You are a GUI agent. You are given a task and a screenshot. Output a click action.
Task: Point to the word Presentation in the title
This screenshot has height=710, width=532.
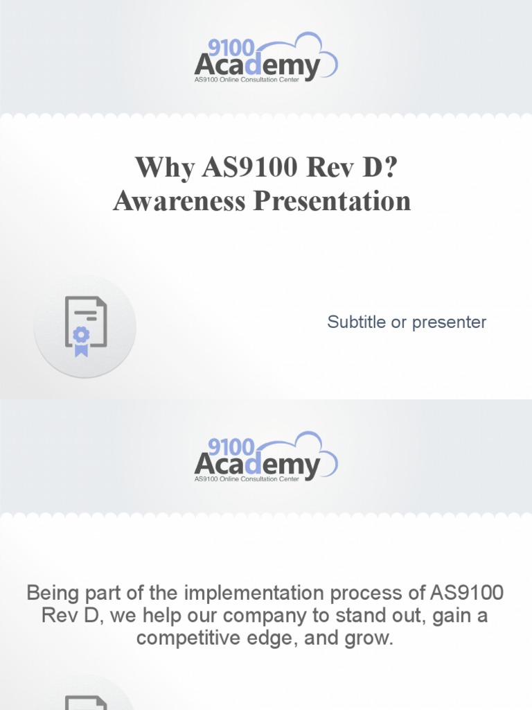pyautogui.click(x=332, y=201)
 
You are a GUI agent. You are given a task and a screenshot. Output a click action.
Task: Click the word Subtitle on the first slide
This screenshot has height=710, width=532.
pyautogui.click(x=357, y=322)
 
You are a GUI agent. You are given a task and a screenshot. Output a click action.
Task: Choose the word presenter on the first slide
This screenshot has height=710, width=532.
pyautogui.click(x=449, y=322)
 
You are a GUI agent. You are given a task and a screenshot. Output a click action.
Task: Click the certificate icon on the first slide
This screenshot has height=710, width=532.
pyautogui.click(x=85, y=327)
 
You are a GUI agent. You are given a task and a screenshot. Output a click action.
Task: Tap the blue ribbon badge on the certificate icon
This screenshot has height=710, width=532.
pyautogui.click(x=82, y=339)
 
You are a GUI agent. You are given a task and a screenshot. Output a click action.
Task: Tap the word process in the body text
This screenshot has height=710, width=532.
pyautogui.click(x=365, y=594)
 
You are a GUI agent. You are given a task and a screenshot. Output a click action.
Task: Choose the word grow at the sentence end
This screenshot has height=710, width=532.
pyautogui.click(x=371, y=639)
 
